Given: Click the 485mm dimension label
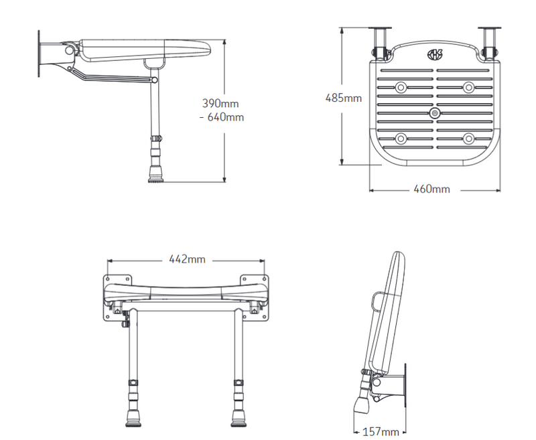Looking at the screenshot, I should pos(343,98).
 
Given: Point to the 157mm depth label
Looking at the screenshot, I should pos(380,431).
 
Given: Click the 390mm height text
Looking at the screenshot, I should pos(220,104).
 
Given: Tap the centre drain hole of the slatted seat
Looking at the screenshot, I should pos(435,115).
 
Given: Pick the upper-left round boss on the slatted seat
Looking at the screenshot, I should pos(401,87).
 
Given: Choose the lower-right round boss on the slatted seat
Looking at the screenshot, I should pos(468,139).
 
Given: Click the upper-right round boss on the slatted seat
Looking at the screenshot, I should pos(468,87).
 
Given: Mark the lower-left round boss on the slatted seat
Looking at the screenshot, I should pos(401,139).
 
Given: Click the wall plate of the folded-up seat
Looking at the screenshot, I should pos(404,386).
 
